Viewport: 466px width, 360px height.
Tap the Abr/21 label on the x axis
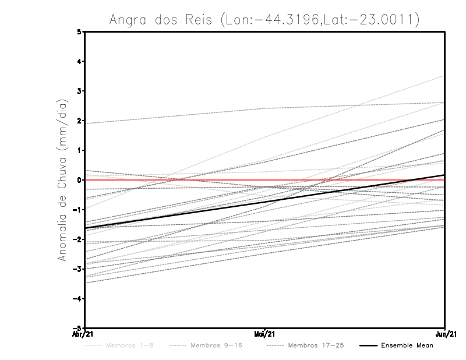click(x=82, y=334)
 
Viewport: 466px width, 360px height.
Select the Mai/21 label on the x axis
click(x=265, y=334)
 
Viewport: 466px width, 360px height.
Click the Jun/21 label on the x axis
click(x=445, y=334)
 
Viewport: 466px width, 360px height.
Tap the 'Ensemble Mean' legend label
click(x=407, y=345)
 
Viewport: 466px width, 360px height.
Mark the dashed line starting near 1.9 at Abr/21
click(x=175, y=115)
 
